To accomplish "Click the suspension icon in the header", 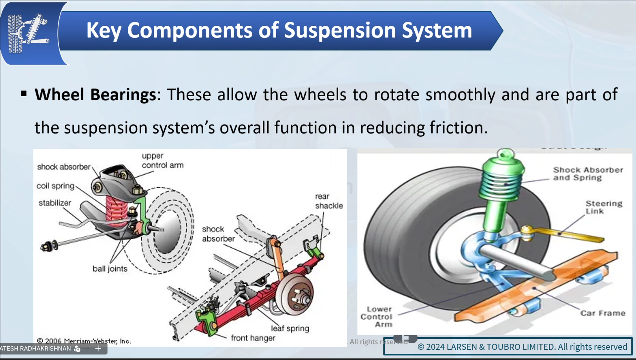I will click(28, 33).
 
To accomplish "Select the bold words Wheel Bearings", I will click(95, 95).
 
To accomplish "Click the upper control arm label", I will click(162, 161).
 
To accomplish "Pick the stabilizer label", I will click(55, 203).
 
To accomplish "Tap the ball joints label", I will click(110, 269).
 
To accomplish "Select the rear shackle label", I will click(329, 201).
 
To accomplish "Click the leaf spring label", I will click(290, 328).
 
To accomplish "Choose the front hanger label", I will click(253, 338).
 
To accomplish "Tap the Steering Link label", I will click(603, 207).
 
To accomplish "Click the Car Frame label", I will click(603, 313).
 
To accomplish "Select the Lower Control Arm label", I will click(377, 317).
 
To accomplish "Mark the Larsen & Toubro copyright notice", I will click(522, 347).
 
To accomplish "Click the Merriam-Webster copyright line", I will click(84, 341).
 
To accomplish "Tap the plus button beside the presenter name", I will click(98, 349).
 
